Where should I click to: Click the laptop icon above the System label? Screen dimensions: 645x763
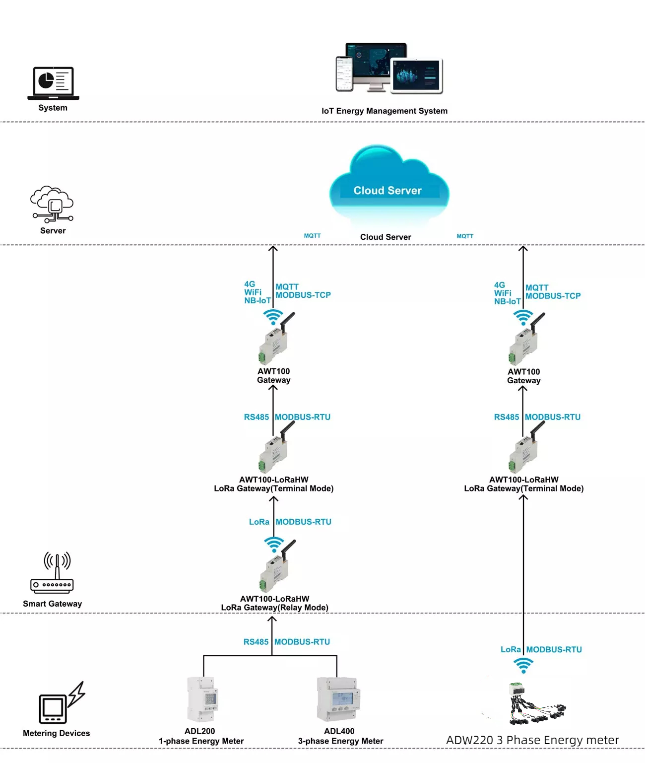click(x=53, y=83)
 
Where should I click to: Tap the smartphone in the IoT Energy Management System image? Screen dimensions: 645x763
click(x=344, y=74)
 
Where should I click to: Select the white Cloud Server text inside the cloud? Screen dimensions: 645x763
click(x=387, y=191)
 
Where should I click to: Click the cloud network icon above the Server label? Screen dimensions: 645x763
click(x=52, y=204)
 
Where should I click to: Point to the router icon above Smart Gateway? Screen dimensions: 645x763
click(x=52, y=572)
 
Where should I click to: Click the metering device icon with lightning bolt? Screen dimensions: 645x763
click(x=62, y=702)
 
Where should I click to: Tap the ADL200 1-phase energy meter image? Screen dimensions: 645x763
click(x=202, y=699)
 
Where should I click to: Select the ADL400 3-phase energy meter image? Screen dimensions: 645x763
click(x=338, y=699)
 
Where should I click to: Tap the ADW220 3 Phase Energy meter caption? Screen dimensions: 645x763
click(x=532, y=740)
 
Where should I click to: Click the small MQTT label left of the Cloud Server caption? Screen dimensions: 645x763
click(x=312, y=235)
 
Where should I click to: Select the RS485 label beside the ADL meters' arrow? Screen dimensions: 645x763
click(x=256, y=642)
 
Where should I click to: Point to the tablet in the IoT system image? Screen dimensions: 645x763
click(x=417, y=75)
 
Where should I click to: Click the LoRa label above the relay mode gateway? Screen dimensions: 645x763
click(x=259, y=522)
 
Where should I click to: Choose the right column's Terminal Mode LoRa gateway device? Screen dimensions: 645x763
click(x=526, y=447)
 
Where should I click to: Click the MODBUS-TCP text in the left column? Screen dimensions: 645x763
click(x=303, y=295)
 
